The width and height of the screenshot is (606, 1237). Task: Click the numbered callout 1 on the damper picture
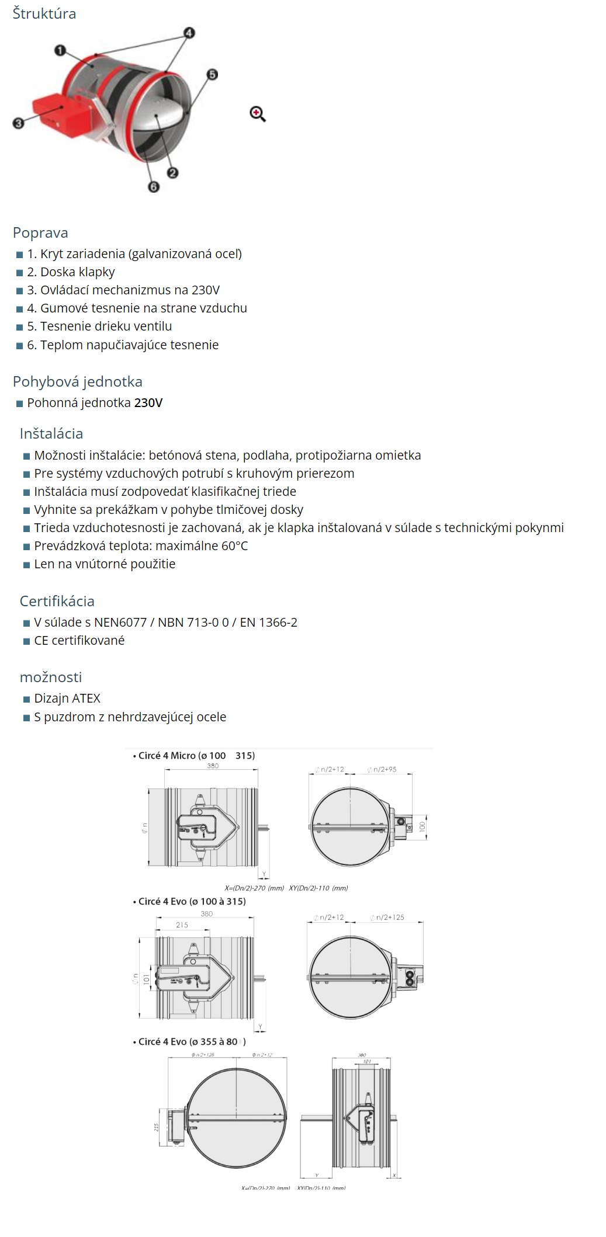click(x=60, y=51)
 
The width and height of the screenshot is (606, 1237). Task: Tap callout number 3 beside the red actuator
click(x=18, y=123)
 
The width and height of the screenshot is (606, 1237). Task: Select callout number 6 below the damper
click(x=153, y=186)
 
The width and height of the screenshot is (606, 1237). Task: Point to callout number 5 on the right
click(x=212, y=74)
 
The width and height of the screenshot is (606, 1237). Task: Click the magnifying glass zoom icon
click(x=257, y=113)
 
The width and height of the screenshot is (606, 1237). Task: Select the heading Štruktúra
click(x=44, y=13)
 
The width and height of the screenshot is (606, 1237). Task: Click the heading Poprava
click(x=40, y=232)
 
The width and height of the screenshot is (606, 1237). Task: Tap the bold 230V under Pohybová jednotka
click(x=148, y=402)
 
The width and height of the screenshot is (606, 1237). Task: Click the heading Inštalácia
click(x=51, y=433)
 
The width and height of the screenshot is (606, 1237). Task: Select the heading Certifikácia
click(x=57, y=601)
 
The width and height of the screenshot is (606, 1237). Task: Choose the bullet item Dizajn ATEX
click(x=67, y=698)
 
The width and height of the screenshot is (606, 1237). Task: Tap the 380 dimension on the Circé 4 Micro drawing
click(x=213, y=765)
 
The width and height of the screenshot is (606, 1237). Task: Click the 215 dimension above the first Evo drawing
click(x=182, y=925)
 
